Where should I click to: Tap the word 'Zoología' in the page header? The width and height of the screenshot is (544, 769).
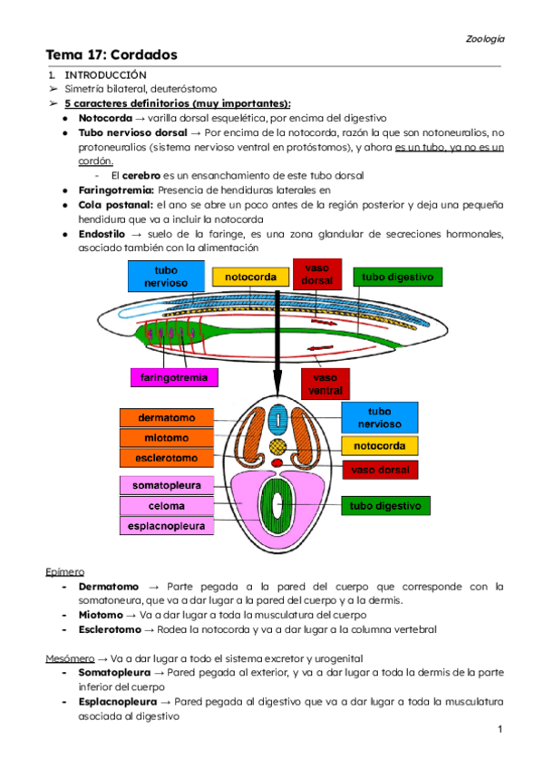coord(485,39)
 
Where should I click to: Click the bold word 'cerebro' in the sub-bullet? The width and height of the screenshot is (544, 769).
coord(141,175)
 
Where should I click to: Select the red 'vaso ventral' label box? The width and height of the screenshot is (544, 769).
coord(324,384)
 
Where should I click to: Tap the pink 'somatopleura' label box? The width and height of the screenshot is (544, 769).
coord(167,485)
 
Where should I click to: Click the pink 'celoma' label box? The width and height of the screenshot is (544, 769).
coord(167,505)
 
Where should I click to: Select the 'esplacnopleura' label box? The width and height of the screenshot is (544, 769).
coord(167,525)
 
